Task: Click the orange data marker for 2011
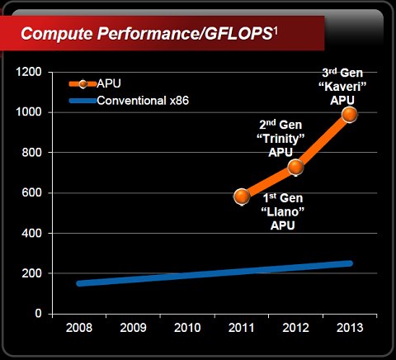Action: tap(242, 197)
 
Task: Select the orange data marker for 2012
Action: tap(295, 167)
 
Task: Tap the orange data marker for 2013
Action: tap(349, 114)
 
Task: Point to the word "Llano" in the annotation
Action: tap(283, 212)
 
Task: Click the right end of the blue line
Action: tap(350, 263)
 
